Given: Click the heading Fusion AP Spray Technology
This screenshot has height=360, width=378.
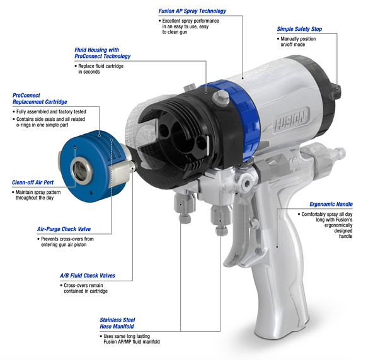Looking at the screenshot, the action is pos(192,11).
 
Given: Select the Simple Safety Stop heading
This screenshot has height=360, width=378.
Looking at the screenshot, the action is pos(299,29).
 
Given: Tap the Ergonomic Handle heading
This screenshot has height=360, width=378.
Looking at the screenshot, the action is pos(331,204).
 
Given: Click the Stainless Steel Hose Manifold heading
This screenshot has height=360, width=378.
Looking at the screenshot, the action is pos(117,323).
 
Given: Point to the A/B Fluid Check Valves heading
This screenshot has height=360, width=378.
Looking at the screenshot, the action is pos(88,276).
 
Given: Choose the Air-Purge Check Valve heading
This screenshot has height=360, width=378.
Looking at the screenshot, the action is pos(64,229).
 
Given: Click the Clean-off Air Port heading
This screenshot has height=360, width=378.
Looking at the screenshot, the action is pos(33,183).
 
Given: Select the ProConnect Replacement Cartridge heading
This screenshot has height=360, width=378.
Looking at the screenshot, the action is pos(40,98).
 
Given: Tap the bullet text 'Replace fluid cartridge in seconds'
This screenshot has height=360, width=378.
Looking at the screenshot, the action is pos(99,69).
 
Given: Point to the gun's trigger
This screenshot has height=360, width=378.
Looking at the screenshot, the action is pos(235,231).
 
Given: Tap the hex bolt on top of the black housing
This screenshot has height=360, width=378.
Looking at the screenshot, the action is pos(220,97).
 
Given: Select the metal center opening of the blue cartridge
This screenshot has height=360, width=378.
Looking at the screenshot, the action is pos(81,171).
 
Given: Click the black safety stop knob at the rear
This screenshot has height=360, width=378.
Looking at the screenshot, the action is pos(335,92).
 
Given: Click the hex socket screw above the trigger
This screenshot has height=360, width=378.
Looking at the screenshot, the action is pos(246,184).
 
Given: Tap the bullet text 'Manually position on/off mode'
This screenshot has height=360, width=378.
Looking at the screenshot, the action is pos(297,42).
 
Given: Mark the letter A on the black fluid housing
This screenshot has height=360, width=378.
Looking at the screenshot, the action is pos(232,148).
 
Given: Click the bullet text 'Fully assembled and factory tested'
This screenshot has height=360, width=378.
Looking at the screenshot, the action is pos(49,112).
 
